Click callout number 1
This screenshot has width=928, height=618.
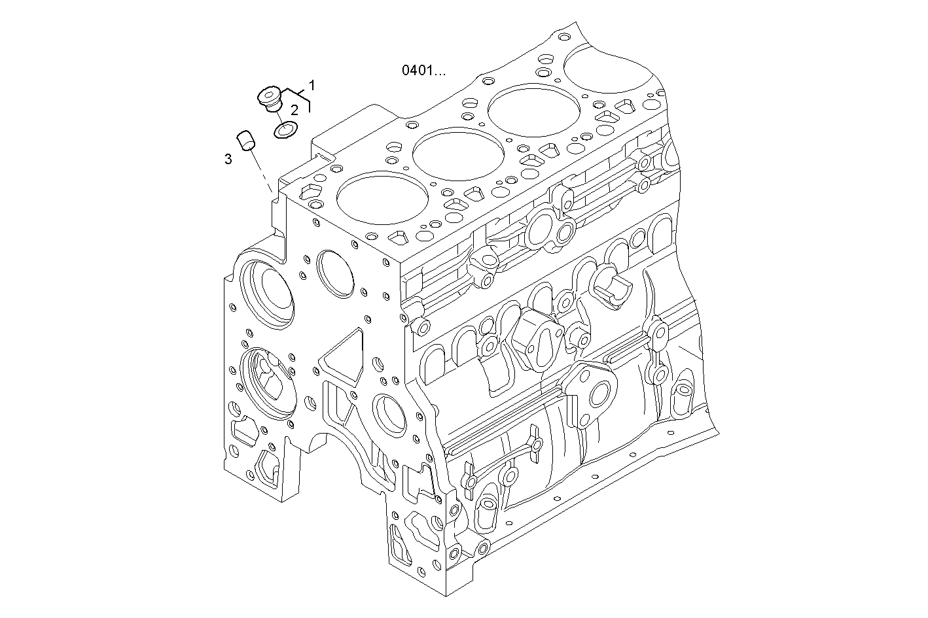(x=312, y=85)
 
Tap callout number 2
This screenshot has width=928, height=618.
(x=294, y=109)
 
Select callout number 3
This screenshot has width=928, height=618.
(x=228, y=159)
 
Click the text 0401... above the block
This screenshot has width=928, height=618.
(x=423, y=71)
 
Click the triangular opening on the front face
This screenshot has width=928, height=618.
(x=342, y=358)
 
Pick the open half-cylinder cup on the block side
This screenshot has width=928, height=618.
(x=612, y=288)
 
